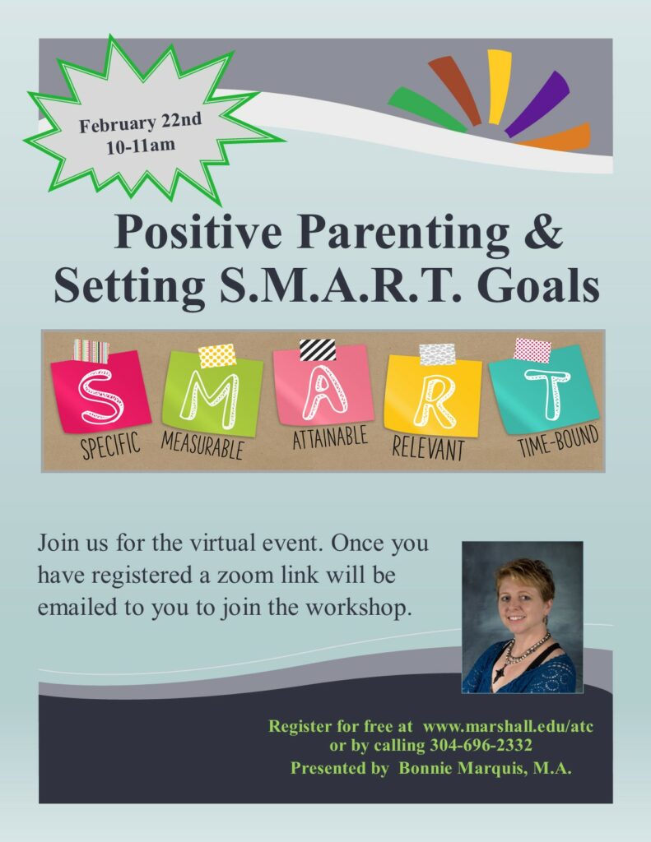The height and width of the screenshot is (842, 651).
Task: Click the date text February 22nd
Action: pyautogui.click(x=140, y=123)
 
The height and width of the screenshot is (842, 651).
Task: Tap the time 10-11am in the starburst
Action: pyautogui.click(x=141, y=146)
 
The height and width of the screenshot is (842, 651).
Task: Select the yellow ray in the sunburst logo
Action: pyautogui.click(x=498, y=86)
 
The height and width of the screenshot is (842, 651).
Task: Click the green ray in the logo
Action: pyautogui.click(x=427, y=110)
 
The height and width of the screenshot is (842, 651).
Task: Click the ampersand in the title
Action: pyautogui.click(x=542, y=231)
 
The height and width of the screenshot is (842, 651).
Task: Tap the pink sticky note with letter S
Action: pyautogui.click(x=100, y=391)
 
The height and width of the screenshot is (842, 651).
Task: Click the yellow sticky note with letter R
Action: pyautogui.click(x=433, y=396)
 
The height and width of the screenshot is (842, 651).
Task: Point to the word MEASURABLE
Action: pyautogui.click(x=202, y=445)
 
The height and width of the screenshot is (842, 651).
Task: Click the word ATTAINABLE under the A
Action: pyautogui.click(x=330, y=437)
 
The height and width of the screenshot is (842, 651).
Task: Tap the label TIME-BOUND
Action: pyautogui.click(x=558, y=441)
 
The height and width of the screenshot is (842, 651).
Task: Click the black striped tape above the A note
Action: pyautogui.click(x=317, y=349)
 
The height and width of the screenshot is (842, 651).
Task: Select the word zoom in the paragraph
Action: pyautogui.click(x=244, y=575)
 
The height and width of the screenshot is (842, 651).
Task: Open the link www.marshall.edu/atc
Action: pyautogui.click(x=508, y=727)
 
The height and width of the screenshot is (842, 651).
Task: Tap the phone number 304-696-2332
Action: pyautogui.click(x=481, y=745)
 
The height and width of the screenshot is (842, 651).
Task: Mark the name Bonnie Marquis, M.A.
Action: pyautogui.click(x=485, y=769)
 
